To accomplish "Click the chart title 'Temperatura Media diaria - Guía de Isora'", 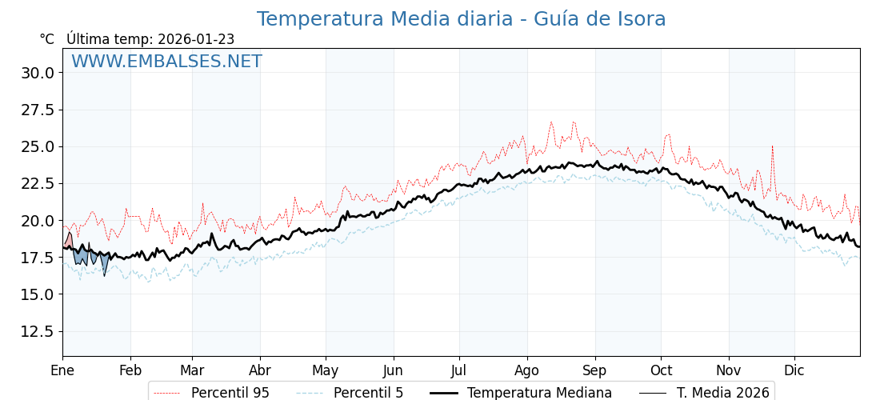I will click(x=461, y=19).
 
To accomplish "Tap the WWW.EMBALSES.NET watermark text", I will click(x=166, y=62).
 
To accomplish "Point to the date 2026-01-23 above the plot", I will click(x=196, y=39).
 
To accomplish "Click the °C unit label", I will click(x=47, y=39).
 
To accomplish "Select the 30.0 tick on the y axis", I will click(x=38, y=73).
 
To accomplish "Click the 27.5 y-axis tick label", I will click(x=38, y=110).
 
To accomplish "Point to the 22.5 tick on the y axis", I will click(x=38, y=183).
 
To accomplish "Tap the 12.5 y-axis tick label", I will click(x=38, y=331).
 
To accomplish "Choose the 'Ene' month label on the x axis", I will click(x=62, y=370).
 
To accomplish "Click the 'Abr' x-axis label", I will click(x=260, y=370).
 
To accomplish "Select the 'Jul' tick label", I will click(x=459, y=370).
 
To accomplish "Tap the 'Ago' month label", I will click(x=527, y=370).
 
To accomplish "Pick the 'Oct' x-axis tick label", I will click(x=661, y=370).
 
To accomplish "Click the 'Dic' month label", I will click(x=794, y=370).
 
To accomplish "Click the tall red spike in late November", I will click(x=772, y=149).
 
